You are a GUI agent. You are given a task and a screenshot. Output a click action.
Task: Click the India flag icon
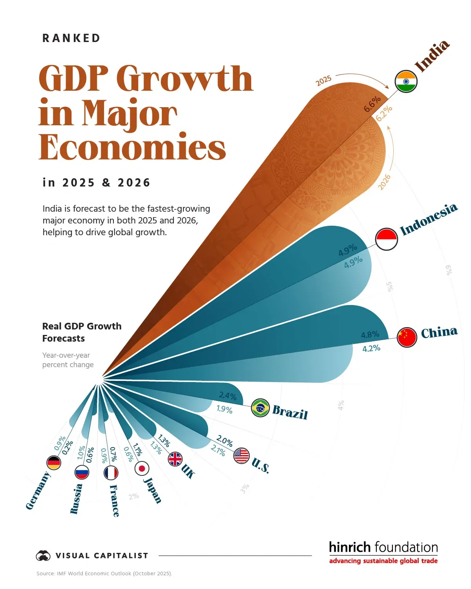point(406,82)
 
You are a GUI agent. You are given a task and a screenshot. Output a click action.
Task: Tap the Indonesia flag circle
point(387,239)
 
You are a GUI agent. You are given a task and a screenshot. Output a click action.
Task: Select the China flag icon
point(407,337)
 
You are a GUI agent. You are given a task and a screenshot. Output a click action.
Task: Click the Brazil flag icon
point(260,408)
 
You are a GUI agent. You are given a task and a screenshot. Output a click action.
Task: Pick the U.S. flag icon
point(241,456)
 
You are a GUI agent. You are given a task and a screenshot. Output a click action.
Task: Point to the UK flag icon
point(175,459)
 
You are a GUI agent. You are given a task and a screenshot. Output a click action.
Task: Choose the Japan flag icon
point(142,468)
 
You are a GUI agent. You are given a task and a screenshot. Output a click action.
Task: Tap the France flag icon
point(111,473)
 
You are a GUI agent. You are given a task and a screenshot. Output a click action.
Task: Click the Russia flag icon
point(82,472)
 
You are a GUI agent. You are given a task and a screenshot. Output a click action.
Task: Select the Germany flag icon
point(54,463)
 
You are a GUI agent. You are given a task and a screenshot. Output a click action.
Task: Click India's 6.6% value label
point(372,104)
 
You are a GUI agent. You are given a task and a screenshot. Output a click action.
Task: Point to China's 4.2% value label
point(371,349)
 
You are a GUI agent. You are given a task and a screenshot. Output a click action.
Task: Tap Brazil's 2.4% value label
point(228,396)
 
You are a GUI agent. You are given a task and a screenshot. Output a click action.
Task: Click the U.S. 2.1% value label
point(218,450)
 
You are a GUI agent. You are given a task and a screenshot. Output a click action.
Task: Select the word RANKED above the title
point(71,38)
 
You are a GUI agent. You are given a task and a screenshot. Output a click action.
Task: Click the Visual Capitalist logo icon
point(43,556)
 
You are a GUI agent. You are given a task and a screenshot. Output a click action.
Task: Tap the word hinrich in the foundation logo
point(349,547)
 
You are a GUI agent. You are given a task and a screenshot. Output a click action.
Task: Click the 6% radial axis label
point(449,270)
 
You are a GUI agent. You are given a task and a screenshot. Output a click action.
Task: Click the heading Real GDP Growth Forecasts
point(82,332)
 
